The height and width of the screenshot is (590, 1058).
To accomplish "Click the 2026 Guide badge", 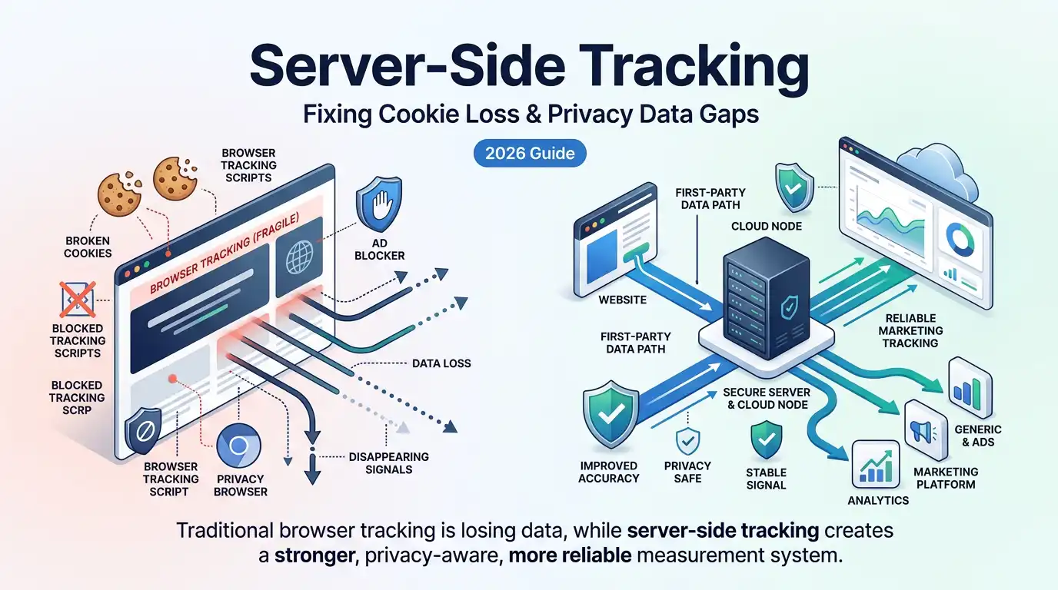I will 530,153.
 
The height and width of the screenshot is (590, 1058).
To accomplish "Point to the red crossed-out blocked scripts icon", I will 78,299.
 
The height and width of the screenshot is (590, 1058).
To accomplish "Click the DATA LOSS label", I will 441,363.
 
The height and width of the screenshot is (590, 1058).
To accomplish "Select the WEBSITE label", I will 622,299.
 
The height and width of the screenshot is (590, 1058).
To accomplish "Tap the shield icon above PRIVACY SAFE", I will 687,442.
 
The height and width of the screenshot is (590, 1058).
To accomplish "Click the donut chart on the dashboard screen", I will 958,239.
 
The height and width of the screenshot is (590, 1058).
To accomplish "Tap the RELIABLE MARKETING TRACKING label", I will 913,330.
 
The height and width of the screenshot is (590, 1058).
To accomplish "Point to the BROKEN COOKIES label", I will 88,247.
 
